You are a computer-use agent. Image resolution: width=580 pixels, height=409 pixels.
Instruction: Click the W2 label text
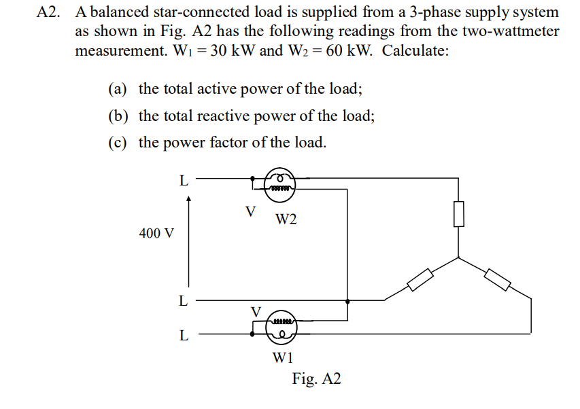click(286, 219)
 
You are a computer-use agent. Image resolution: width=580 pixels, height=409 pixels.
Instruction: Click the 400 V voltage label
click(156, 233)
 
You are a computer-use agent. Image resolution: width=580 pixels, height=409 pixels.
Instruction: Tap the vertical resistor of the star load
click(459, 213)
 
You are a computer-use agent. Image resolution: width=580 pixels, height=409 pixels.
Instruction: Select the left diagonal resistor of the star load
click(421, 279)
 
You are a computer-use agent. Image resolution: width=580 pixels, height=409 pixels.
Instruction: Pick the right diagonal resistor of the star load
click(498, 279)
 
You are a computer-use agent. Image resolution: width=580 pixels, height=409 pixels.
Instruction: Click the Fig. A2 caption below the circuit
click(316, 379)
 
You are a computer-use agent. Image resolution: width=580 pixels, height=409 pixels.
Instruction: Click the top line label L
click(183, 181)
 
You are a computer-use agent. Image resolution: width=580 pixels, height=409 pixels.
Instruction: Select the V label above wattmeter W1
click(256, 310)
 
